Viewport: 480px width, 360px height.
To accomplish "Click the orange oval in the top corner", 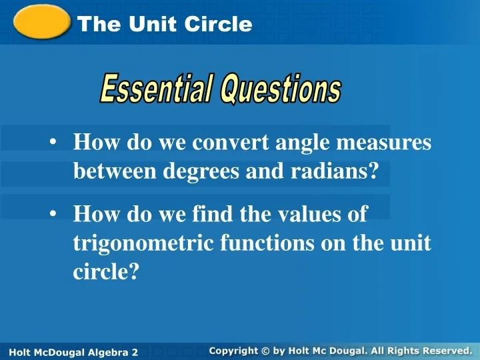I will tap(42, 22).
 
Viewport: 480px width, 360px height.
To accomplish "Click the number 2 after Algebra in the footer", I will tap(134, 352).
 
